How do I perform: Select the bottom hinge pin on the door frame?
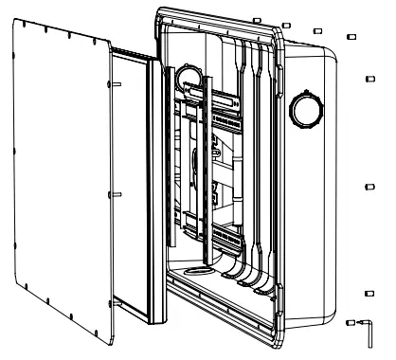pos(115,304)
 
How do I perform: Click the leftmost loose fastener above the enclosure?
pos(258,19)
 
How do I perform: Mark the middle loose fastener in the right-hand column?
pos(369,190)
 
